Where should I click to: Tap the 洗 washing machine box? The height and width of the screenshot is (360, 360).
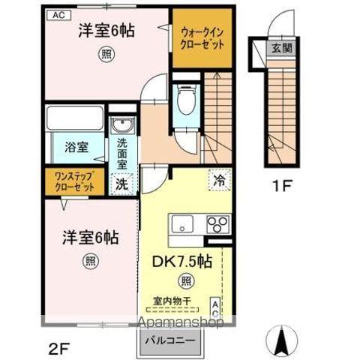[x=121, y=182]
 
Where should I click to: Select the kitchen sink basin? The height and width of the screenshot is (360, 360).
[x=182, y=223]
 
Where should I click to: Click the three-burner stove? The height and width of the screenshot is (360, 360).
[x=217, y=223]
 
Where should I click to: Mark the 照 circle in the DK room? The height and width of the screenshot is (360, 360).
[x=184, y=280]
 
